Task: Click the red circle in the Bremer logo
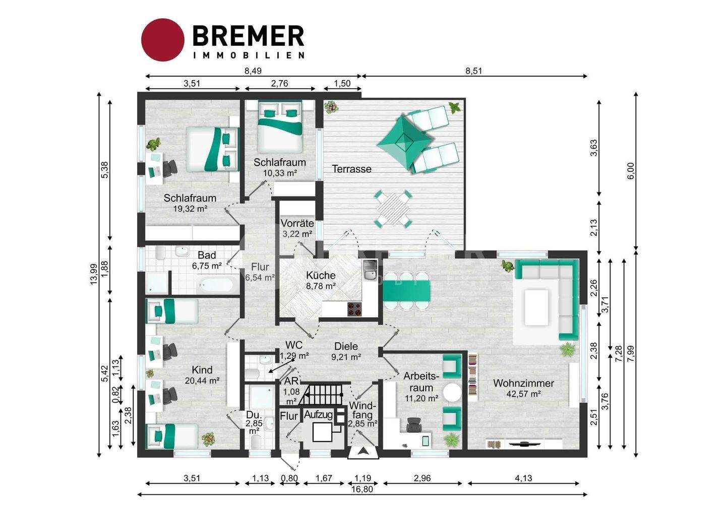163,40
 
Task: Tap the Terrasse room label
352,169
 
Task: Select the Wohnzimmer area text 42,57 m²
523,394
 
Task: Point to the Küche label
321,275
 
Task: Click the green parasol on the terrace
405,140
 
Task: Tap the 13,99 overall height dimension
94,275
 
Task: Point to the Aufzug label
318,415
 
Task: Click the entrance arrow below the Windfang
364,451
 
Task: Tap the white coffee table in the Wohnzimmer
536,308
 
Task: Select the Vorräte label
297,223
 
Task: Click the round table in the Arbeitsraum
452,393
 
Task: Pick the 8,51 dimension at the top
473,71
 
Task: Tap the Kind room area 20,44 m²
202,380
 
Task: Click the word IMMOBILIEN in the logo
249,55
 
